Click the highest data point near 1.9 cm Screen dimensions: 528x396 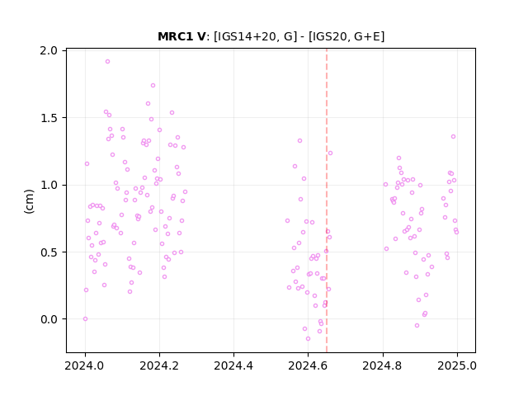point(108,62)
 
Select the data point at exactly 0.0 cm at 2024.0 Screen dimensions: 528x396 point(86,319)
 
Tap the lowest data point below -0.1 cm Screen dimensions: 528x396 point(308,339)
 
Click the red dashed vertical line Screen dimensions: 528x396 point(327,200)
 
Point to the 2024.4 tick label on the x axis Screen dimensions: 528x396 point(233,365)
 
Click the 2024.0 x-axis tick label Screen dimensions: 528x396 point(85,365)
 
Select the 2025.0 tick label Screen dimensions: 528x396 point(457,365)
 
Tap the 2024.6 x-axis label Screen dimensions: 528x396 point(308,365)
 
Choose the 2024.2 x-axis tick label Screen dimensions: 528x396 point(159,365)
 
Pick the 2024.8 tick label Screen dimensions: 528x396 point(382,365)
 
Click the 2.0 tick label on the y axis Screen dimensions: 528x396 point(49,50)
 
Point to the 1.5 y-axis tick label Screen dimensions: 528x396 point(49,118)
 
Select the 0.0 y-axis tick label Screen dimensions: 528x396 point(49,319)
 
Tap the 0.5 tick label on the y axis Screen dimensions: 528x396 point(49,252)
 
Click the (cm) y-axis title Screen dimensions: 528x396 point(30,201)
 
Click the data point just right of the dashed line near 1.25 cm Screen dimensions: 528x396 point(330,153)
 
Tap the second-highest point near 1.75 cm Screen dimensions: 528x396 point(153,86)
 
